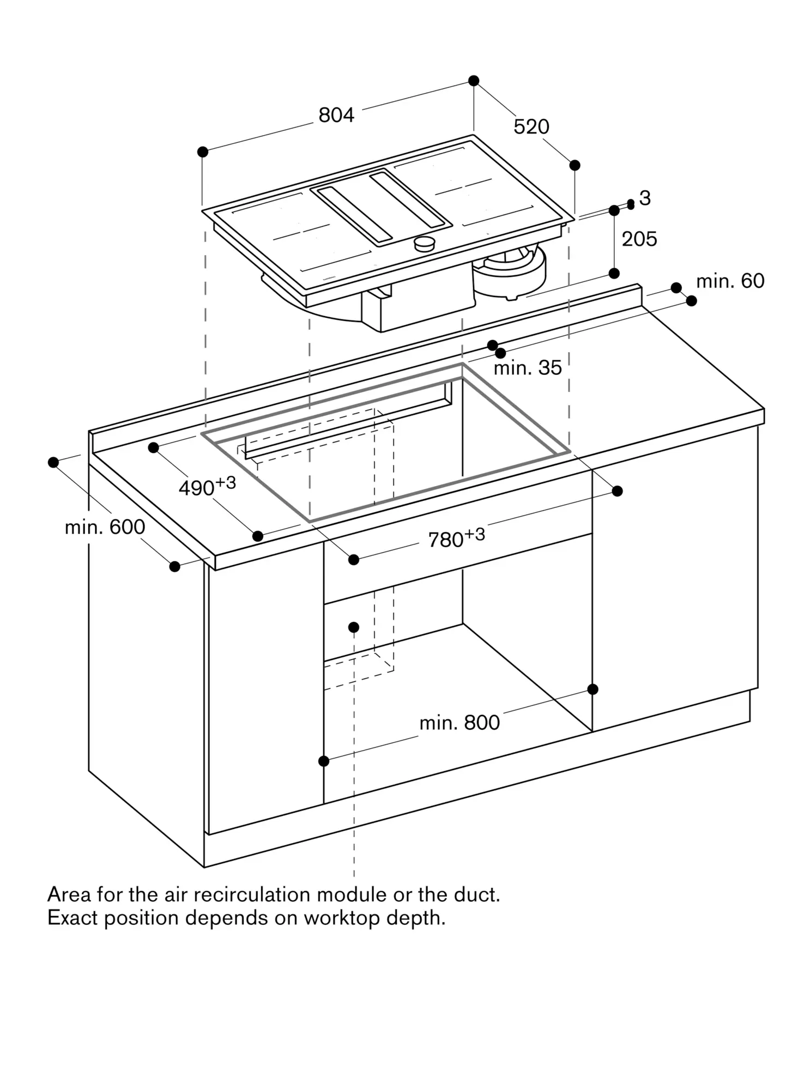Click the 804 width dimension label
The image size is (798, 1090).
336,115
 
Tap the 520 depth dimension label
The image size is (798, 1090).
531,127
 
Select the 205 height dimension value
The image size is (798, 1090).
639,239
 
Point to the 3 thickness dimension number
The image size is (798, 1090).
645,198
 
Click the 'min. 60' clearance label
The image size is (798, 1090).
730,281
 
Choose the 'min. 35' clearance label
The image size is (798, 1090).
527,368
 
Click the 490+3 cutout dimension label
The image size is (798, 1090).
207,486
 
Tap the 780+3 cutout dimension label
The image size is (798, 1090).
456,538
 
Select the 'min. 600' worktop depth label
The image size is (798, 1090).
105,527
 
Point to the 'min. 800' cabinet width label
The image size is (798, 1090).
460,723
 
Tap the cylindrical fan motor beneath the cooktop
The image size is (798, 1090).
510,272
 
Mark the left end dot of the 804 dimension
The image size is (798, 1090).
203,152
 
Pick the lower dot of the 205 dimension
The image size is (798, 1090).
614,273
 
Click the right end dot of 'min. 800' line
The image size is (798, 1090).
593,689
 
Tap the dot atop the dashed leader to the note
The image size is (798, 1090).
354,627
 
